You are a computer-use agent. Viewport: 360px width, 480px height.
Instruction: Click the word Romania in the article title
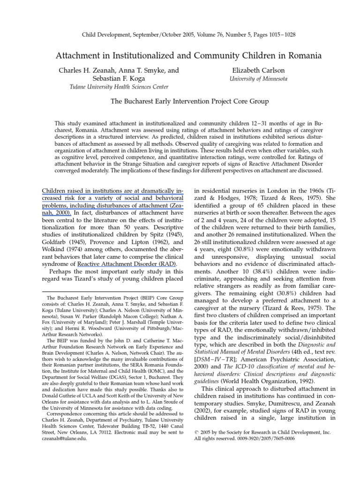[x=304, y=55]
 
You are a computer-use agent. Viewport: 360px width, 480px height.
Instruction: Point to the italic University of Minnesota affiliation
[x=258, y=79]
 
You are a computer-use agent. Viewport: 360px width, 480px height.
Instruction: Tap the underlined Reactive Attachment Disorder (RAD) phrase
[x=127, y=263]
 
